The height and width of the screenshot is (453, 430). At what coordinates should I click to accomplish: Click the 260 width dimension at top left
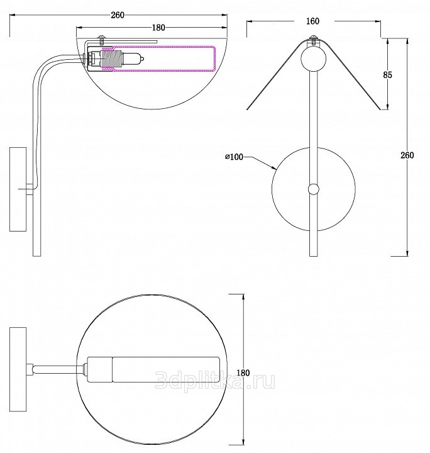coord(118,15)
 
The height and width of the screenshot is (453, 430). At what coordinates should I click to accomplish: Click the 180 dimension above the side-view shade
coord(158,28)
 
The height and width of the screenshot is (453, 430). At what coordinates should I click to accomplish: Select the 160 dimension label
coord(313,21)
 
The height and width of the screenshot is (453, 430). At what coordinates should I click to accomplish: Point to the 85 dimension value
coord(388,75)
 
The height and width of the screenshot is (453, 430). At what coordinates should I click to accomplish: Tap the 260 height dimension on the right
coord(407,155)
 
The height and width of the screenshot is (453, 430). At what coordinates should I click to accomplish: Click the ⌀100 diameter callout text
coord(234,157)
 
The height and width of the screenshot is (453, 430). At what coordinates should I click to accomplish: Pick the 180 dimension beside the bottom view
coord(243,372)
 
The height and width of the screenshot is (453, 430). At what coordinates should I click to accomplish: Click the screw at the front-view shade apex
coord(314,40)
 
